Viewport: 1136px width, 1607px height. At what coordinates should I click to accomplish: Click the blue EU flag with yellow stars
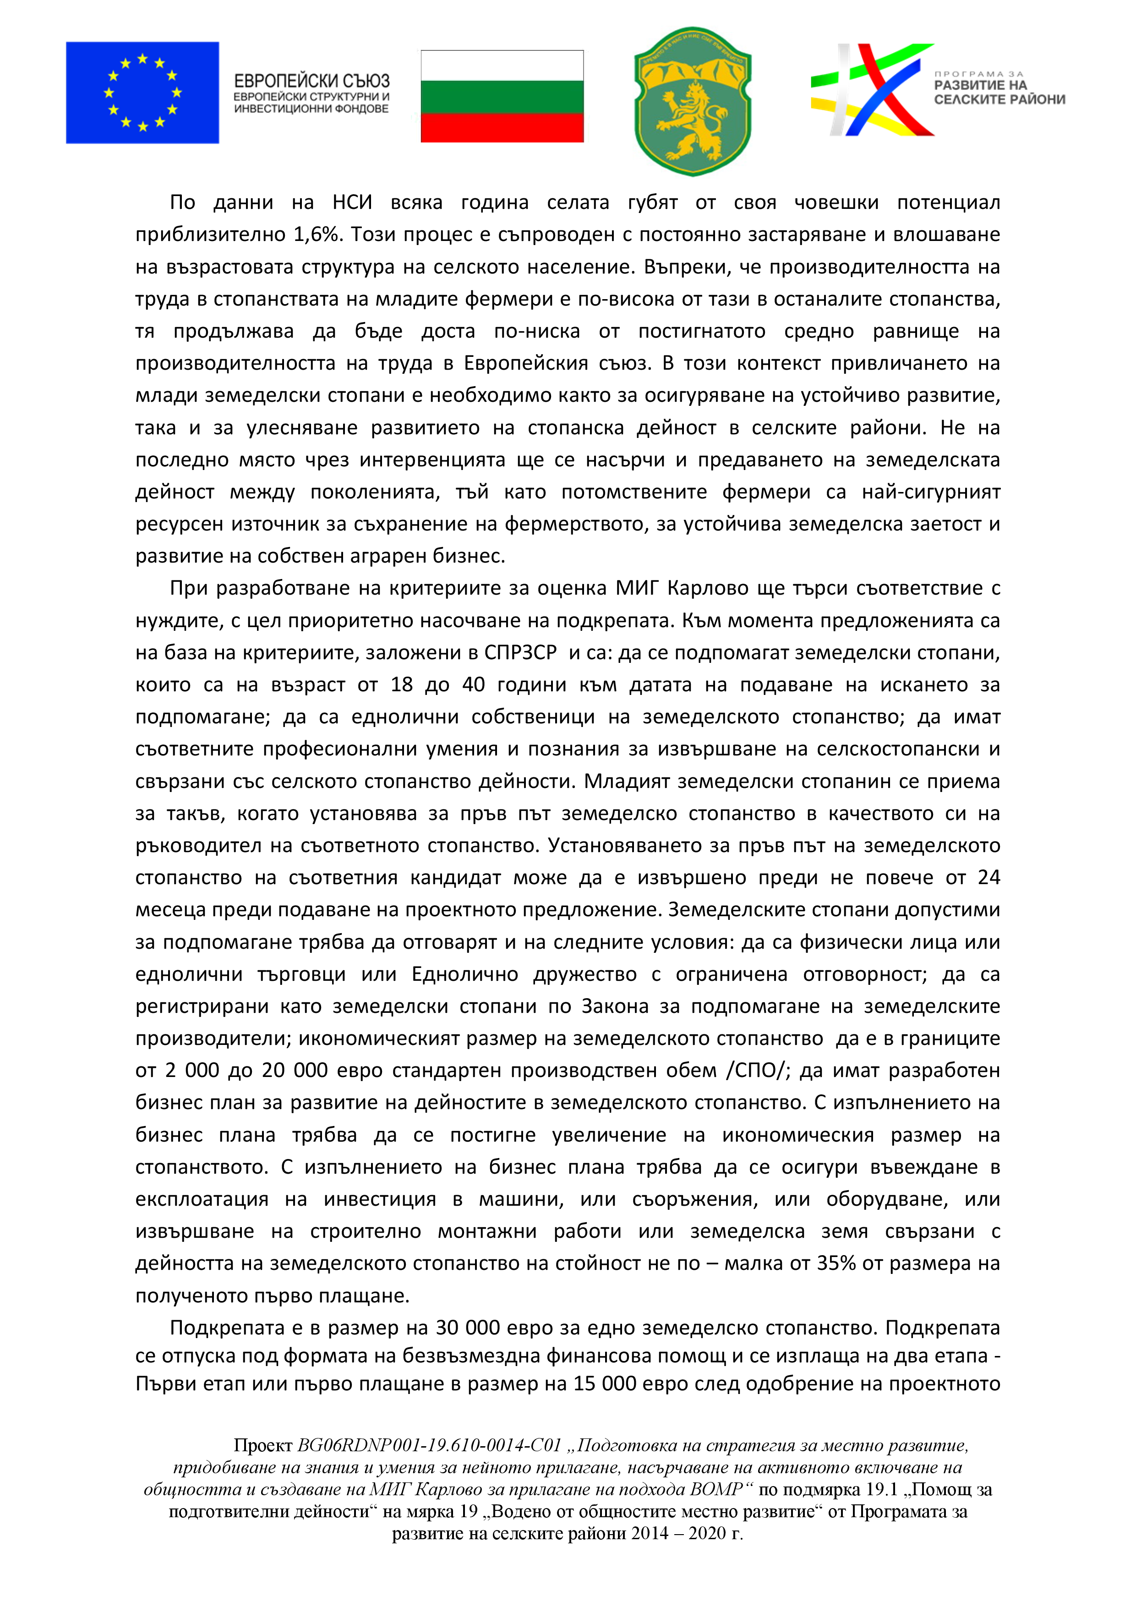point(142,93)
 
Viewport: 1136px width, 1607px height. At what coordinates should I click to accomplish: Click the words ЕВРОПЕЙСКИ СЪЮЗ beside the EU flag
point(311,81)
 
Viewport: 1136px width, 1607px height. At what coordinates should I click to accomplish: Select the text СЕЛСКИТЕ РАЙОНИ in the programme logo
point(999,99)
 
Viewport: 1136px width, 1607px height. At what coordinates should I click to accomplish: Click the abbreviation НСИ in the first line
point(352,202)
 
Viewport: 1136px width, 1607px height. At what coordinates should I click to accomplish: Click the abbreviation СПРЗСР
point(521,652)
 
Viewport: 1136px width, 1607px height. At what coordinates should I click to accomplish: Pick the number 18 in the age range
point(402,684)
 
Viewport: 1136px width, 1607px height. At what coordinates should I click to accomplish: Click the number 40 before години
point(473,684)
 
